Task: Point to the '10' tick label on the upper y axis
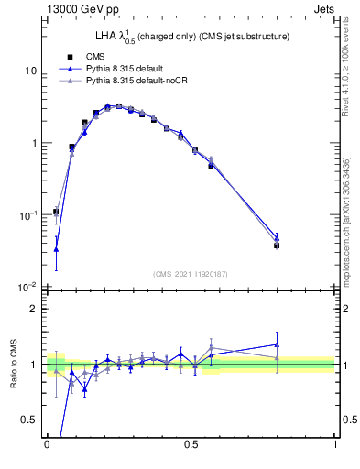(x=30, y=71)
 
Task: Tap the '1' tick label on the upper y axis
(x=33, y=144)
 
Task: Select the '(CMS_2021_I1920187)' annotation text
(x=191, y=273)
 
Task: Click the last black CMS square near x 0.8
(x=277, y=245)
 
